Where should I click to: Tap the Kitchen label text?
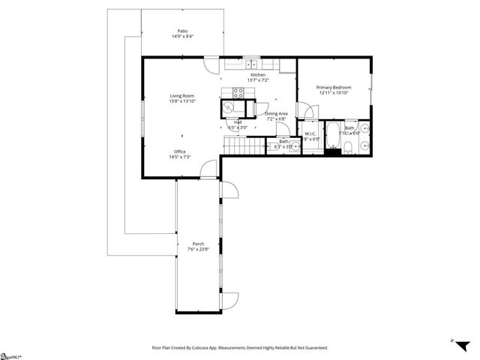(x=258, y=75)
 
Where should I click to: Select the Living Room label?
(x=182, y=96)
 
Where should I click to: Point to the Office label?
(x=180, y=151)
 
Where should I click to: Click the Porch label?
(x=198, y=244)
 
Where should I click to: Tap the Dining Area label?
(x=276, y=113)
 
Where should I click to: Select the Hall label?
(x=237, y=122)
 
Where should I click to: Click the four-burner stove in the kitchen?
(x=238, y=94)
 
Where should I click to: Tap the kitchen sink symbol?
(x=251, y=64)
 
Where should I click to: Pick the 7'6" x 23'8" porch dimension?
(x=198, y=250)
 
